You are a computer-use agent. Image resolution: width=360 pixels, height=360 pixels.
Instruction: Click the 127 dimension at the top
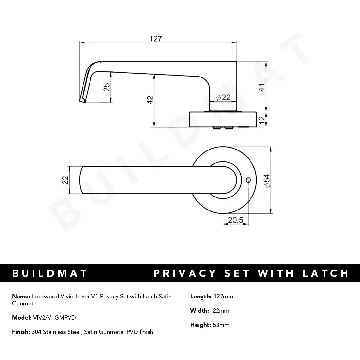click(x=156, y=39)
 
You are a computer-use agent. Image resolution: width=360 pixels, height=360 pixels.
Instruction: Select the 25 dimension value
click(x=107, y=87)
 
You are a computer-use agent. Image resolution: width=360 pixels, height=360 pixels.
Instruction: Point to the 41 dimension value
click(x=262, y=87)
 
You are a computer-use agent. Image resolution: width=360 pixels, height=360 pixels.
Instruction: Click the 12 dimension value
click(x=262, y=120)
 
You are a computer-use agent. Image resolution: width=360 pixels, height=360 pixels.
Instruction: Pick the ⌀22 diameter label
click(x=223, y=97)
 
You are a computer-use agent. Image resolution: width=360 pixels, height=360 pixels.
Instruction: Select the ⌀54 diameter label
click(x=267, y=181)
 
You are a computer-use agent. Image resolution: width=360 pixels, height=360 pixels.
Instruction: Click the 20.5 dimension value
click(x=235, y=220)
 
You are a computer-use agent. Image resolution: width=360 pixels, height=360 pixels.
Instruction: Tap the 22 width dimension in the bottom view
click(x=65, y=180)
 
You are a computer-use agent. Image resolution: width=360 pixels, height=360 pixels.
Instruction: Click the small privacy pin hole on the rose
click(x=248, y=180)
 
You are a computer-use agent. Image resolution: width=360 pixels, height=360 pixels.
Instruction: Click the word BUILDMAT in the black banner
click(x=50, y=273)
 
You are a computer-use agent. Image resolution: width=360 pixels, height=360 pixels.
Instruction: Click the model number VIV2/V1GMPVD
click(x=54, y=317)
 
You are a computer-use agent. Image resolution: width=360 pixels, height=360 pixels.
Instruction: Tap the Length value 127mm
click(x=223, y=297)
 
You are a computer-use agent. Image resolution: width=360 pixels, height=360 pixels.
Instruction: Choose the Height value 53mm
click(x=221, y=325)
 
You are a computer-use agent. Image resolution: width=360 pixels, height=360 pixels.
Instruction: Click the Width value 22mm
click(x=221, y=311)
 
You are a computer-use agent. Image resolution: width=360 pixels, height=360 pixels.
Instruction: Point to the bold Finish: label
click(x=21, y=332)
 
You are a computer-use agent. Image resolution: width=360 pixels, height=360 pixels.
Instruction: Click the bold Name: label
click(x=21, y=297)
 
